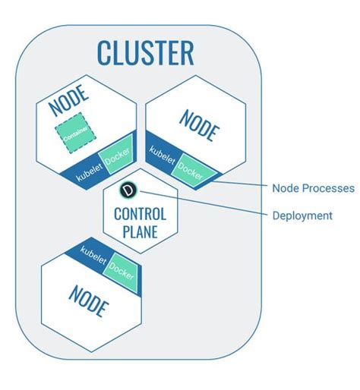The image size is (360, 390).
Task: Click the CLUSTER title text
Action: pyautogui.click(x=145, y=53)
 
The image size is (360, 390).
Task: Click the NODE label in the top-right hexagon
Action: pyautogui.click(x=200, y=124)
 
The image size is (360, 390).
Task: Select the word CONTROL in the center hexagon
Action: pyautogui.click(x=141, y=214)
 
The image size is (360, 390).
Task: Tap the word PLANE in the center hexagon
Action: pyautogui.click(x=141, y=231)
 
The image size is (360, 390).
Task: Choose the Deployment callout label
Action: pyautogui.click(x=302, y=215)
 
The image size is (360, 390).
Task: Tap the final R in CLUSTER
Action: pyautogui.click(x=185, y=53)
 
